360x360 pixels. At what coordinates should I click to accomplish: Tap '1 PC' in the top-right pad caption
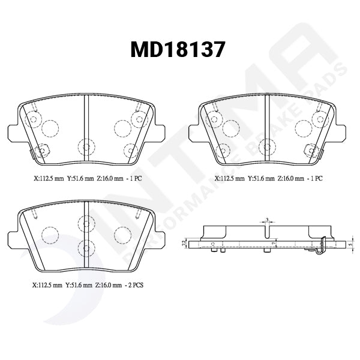click(314, 178)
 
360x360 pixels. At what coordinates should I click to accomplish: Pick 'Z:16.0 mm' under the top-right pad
click(292, 178)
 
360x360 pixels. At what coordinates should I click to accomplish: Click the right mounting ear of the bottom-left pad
click(158, 236)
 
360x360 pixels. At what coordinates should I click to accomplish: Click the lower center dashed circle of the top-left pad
click(86, 146)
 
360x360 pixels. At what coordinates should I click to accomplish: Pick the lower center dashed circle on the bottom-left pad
click(86, 245)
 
